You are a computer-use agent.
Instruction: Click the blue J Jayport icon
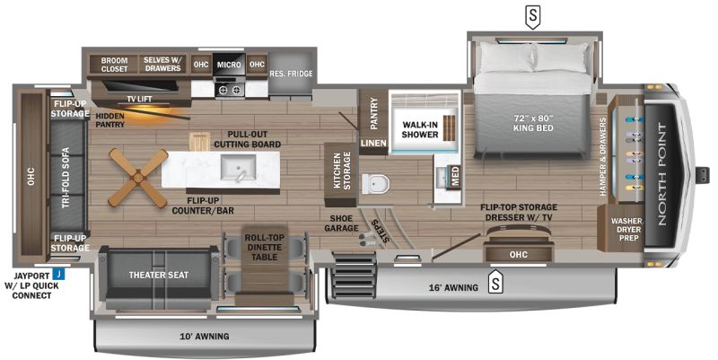click(58, 275)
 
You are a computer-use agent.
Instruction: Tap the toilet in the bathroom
click(375, 184)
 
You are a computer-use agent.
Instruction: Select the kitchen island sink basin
click(238, 167)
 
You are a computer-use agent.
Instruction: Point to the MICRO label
click(229, 65)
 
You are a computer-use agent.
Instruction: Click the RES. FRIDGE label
click(291, 74)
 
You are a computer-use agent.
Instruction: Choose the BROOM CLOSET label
click(115, 65)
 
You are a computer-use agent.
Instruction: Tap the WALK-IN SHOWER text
click(420, 129)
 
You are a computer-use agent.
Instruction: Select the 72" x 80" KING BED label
click(533, 123)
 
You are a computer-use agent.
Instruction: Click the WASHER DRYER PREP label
click(626, 230)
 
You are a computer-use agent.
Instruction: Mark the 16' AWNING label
click(453, 287)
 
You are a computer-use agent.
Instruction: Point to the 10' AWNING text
click(205, 336)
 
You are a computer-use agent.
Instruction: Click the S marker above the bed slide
click(532, 16)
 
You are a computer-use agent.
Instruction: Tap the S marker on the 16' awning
click(495, 283)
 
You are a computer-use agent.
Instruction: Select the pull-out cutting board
click(199, 142)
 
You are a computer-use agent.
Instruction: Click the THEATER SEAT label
click(159, 275)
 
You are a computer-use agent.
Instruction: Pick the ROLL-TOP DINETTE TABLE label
click(264, 247)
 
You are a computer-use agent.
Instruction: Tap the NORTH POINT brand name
click(662, 174)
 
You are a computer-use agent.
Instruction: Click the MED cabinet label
click(455, 177)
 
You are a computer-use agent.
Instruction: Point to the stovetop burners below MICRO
click(230, 89)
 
